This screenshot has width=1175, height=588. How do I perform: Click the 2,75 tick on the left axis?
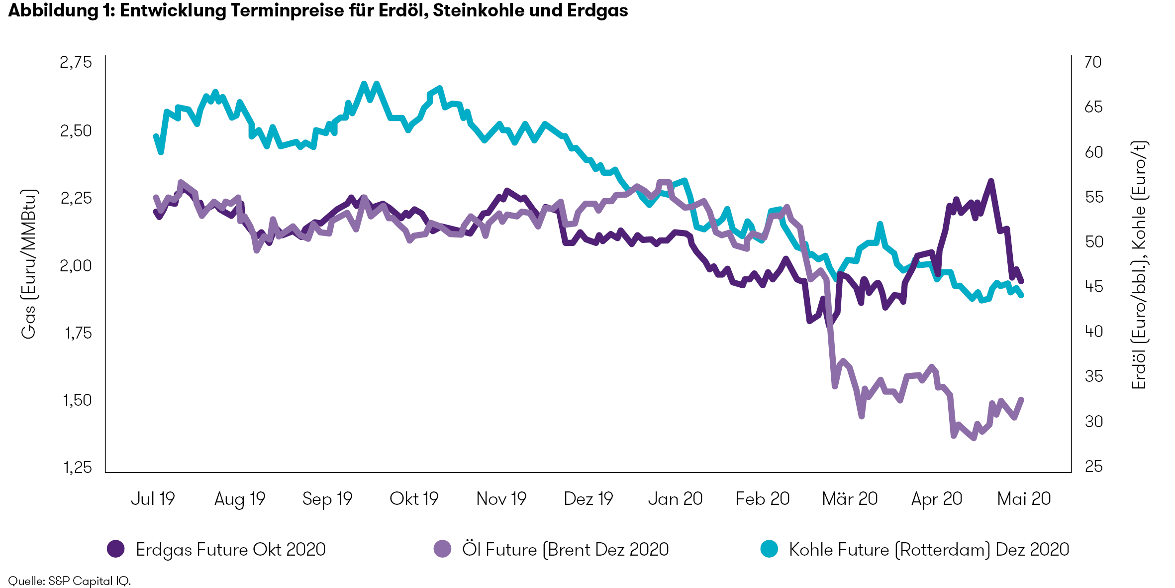pyautogui.click(x=76, y=62)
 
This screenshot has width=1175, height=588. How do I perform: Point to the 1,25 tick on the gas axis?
pyautogui.click(x=77, y=467)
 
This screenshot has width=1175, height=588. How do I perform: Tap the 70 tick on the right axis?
pyautogui.click(x=1093, y=62)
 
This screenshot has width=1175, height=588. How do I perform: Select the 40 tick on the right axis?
pyautogui.click(x=1093, y=331)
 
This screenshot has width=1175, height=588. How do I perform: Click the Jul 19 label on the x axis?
pyautogui.click(x=153, y=498)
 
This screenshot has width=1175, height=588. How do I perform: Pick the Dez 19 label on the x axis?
pyautogui.click(x=588, y=498)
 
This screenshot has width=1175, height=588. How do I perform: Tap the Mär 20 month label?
pyautogui.click(x=850, y=498)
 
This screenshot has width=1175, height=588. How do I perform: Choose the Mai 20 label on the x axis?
pyautogui.click(x=1024, y=498)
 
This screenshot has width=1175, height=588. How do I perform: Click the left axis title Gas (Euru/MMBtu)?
pyautogui.click(x=29, y=264)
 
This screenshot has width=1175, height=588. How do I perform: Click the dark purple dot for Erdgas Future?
pyautogui.click(x=116, y=549)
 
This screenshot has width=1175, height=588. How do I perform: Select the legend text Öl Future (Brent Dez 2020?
pyautogui.click(x=565, y=549)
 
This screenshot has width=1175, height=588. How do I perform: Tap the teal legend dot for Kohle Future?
pyautogui.click(x=769, y=549)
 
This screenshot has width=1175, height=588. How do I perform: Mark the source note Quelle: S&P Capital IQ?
pyautogui.click(x=69, y=581)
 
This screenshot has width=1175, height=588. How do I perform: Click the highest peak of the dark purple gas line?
pyautogui.click(x=991, y=181)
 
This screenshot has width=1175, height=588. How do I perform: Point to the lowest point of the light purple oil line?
pyautogui.click(x=974, y=438)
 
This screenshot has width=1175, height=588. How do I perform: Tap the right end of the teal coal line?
pyautogui.click(x=1021, y=296)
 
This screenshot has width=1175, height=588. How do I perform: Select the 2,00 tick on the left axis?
pyautogui.click(x=76, y=265)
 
